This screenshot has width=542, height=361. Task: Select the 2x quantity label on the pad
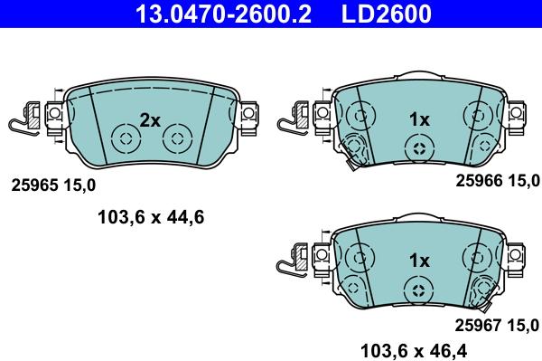tap(150, 119)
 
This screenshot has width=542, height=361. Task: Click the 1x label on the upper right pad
tap(418, 119)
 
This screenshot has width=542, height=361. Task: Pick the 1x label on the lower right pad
tap(418, 261)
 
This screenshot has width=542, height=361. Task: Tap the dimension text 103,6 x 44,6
tap(151, 216)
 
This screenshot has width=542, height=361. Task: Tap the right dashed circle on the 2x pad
tap(177, 140)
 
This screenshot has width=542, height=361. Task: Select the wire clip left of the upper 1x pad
tap(294, 120)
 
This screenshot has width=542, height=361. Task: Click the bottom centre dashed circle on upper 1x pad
tap(417, 149)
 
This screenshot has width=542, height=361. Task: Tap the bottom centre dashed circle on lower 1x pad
tap(417, 290)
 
